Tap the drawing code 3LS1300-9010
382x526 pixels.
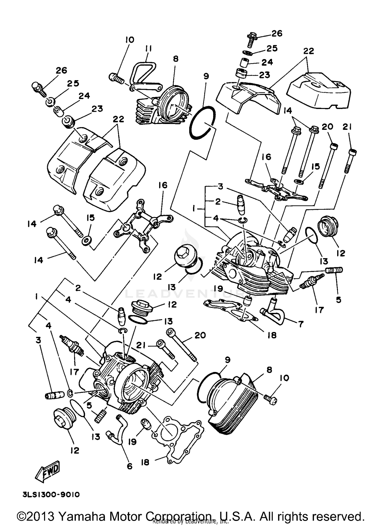[x=51, y=495]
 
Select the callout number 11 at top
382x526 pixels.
[x=148, y=48]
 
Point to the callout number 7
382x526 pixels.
[x=301, y=324]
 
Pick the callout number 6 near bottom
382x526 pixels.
[x=129, y=466]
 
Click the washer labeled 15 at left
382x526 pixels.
[x=86, y=240]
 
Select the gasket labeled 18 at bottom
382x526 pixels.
[x=178, y=443]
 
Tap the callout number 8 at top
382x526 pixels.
[x=175, y=59]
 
